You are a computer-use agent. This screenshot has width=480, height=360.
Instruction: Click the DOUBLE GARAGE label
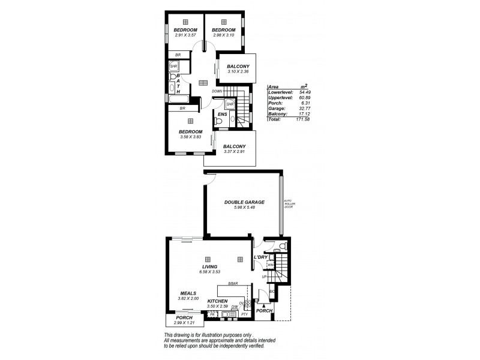[x=244, y=202]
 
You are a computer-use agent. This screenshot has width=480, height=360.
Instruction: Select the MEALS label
[x=189, y=293]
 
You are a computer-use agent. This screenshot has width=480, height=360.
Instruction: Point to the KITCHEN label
[x=217, y=301]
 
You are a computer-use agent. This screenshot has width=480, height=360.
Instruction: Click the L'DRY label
[x=261, y=257]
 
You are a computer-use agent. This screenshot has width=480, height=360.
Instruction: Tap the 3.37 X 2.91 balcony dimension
[x=235, y=152]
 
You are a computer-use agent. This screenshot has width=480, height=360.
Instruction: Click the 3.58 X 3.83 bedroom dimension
[x=191, y=137]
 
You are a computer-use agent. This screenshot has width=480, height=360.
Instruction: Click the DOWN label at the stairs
[x=217, y=91]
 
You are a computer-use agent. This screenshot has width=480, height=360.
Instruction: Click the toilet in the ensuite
[x=219, y=122]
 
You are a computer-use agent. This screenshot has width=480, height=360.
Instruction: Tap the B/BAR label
[x=233, y=284]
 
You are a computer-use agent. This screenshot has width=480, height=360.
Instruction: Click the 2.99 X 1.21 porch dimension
[x=184, y=322]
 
